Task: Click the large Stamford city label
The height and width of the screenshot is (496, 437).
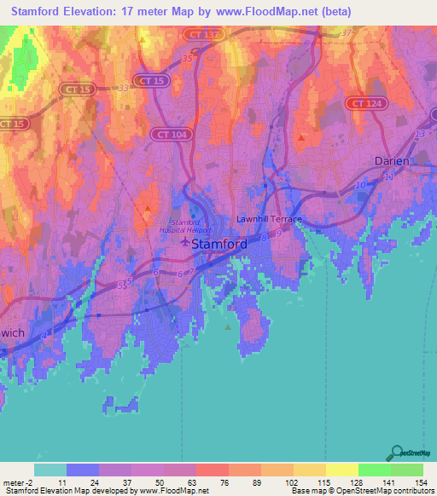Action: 220,244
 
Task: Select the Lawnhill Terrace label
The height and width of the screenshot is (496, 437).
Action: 270,218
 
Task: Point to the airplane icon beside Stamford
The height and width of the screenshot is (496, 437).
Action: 186,244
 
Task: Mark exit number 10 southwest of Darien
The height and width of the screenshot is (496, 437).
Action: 360,185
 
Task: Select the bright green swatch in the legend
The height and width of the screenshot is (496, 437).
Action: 374,470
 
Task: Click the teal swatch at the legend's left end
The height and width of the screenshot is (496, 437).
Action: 50,470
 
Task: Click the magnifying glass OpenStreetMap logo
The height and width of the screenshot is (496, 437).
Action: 398,453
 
